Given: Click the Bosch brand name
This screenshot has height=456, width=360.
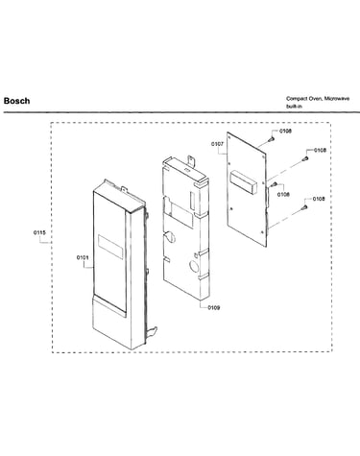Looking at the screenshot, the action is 16,101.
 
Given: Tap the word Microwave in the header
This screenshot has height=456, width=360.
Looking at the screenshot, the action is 337,99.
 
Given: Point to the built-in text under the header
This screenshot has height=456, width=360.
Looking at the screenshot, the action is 294,107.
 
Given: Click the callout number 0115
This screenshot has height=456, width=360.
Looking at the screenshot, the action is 39,232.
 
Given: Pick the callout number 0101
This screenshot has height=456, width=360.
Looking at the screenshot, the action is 83,257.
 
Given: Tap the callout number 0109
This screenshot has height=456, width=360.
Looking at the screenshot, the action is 214,308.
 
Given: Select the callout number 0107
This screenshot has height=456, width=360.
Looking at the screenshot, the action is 217,144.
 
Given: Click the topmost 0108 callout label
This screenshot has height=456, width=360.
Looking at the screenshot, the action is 285,131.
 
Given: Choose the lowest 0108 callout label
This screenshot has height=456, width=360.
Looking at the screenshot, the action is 319,199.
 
